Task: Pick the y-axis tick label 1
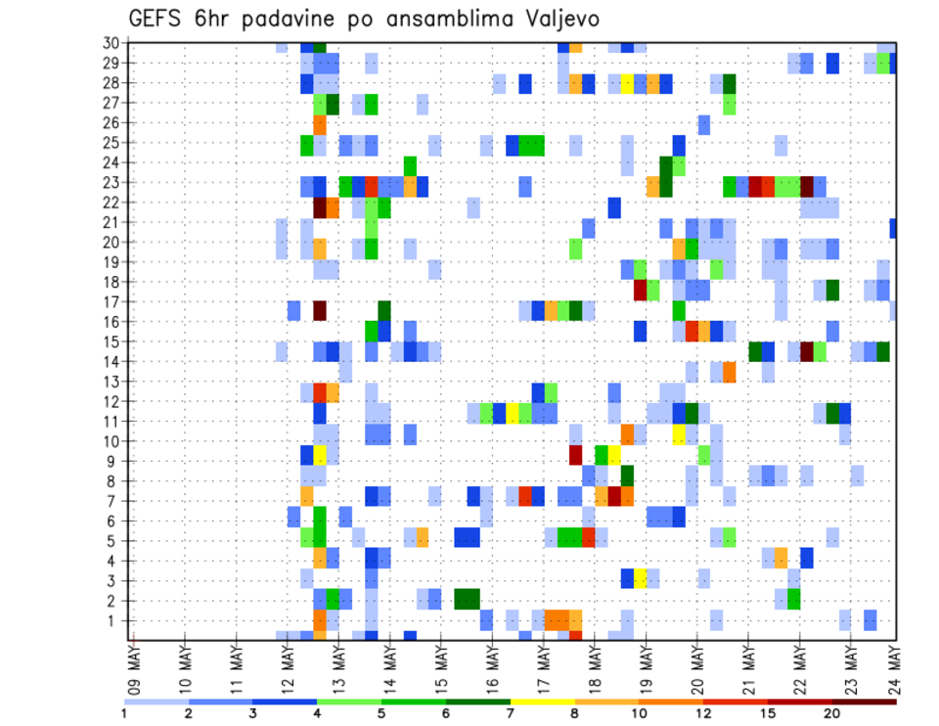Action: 114,620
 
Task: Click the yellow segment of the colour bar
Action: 542,702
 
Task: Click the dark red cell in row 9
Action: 575,455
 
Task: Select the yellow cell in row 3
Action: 640,578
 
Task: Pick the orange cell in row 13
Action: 729,372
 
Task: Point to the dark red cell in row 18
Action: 640,290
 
